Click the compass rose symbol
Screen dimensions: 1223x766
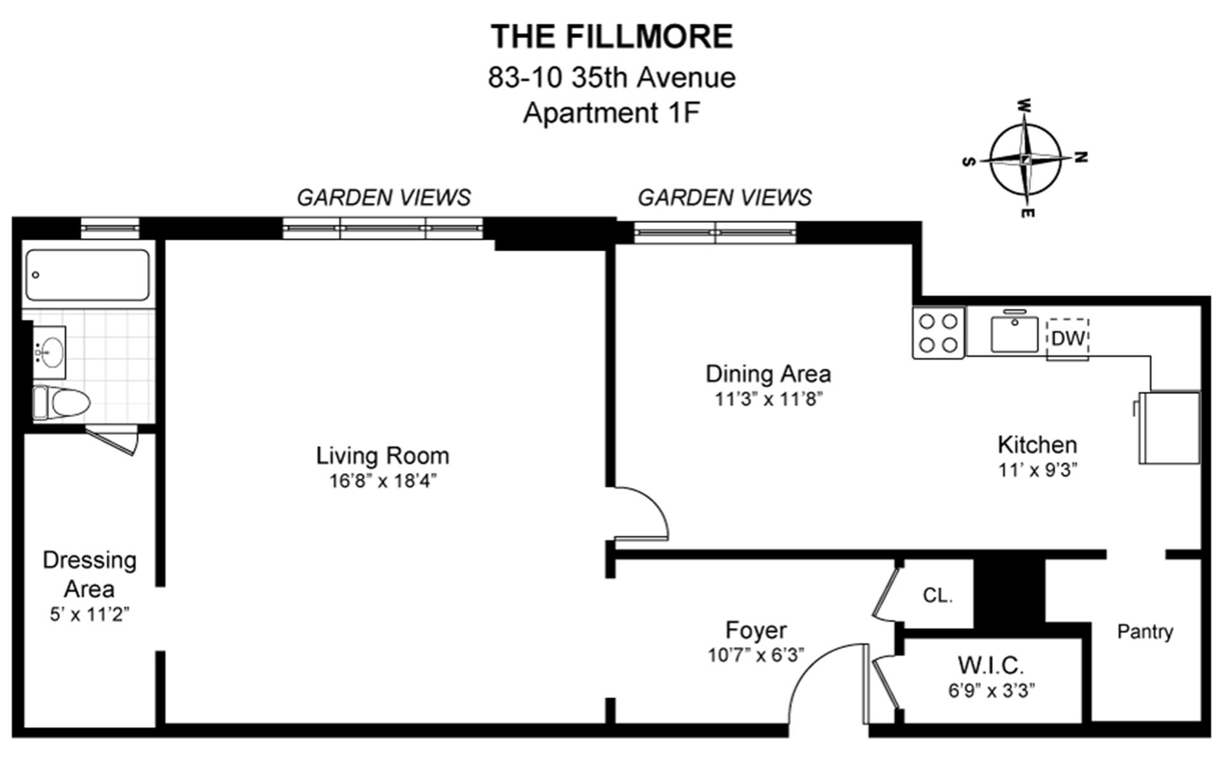(1025, 159)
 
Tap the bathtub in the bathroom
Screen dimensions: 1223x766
(88, 275)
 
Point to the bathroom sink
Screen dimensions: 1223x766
(50, 351)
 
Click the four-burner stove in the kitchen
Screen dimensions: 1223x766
(938, 333)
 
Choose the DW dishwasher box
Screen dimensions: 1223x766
(1068, 338)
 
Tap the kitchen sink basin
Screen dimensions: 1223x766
(1014, 334)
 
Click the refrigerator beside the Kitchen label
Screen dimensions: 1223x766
(1169, 427)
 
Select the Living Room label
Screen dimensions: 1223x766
(382, 456)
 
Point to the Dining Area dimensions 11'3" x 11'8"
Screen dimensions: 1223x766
(768, 399)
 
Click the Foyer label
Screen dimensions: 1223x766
(756, 630)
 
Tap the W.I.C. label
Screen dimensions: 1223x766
(991, 665)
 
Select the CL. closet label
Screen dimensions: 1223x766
(937, 595)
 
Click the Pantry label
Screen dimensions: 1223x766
(1145, 632)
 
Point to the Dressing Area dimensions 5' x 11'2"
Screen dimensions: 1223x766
(89, 614)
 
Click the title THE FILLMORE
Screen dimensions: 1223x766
(611, 36)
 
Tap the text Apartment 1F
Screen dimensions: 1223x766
(611, 113)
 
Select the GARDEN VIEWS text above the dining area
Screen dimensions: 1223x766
(724, 197)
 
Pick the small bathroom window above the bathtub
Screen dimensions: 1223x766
(110, 227)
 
